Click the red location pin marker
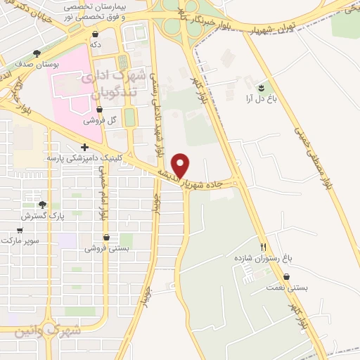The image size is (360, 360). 181,166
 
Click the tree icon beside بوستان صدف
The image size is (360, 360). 37,53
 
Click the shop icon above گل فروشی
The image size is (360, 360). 98,110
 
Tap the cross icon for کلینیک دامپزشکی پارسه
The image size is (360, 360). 84,148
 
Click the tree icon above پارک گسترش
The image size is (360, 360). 42,205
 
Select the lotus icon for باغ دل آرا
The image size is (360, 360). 261,87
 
